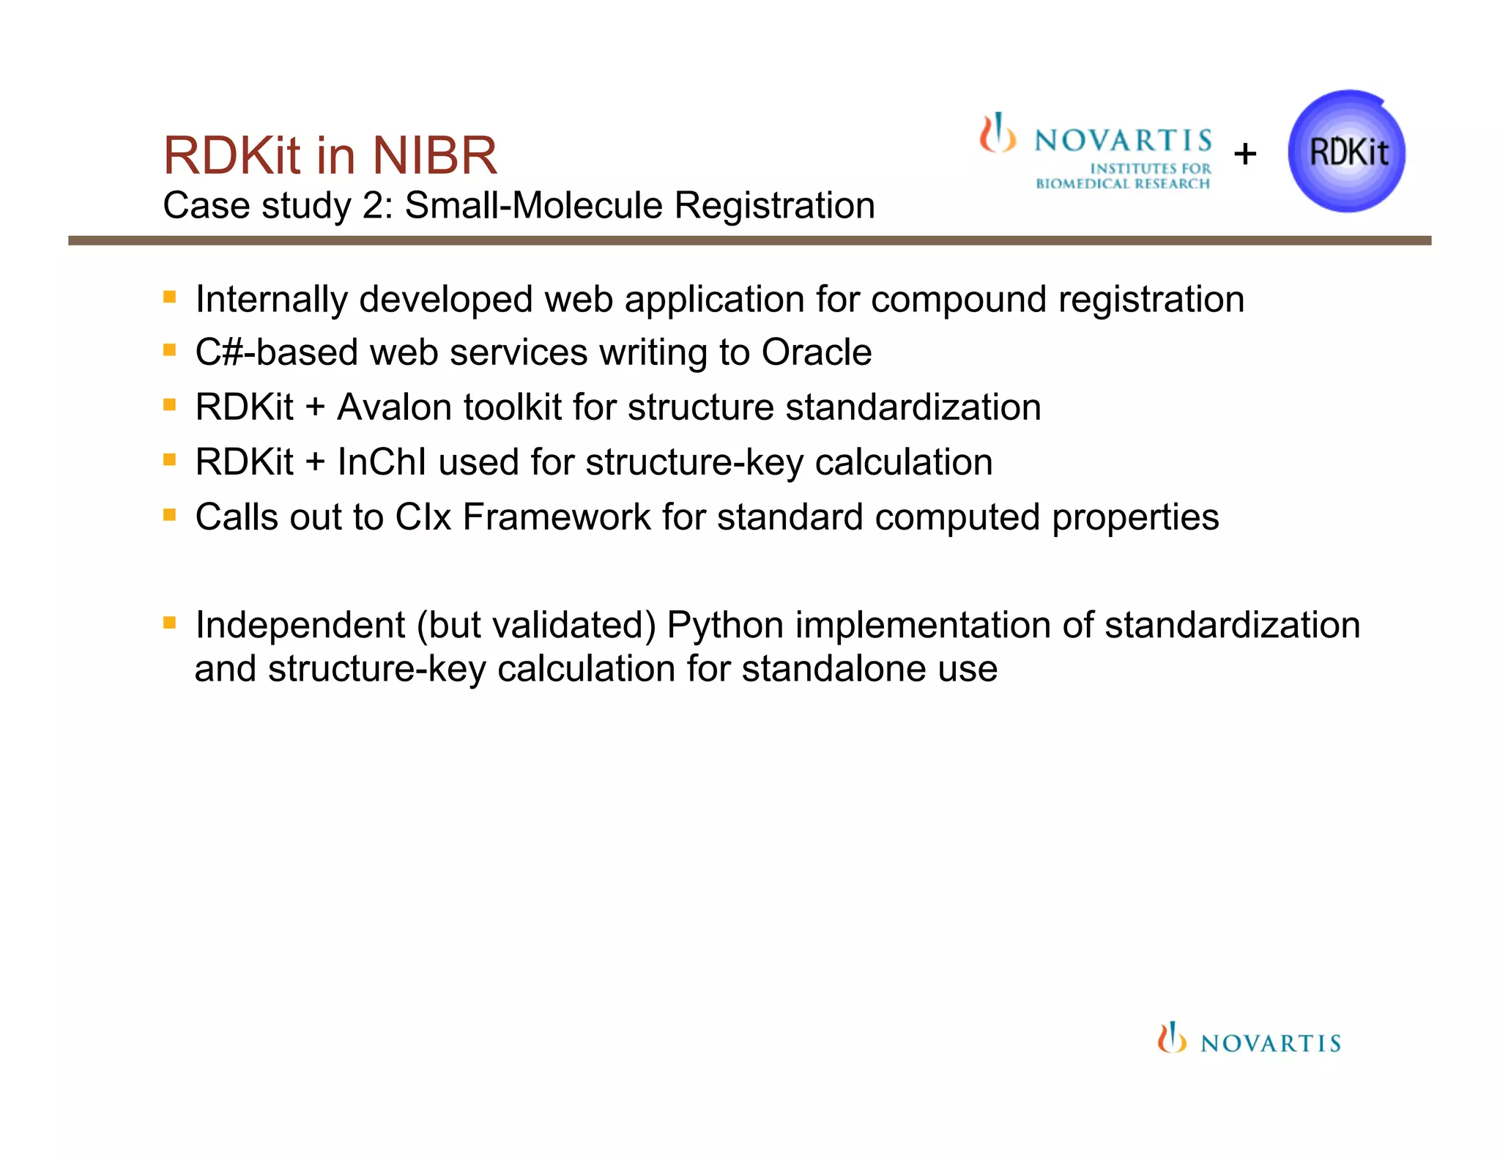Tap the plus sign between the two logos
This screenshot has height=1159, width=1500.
point(1245,154)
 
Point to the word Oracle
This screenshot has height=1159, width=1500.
point(817,352)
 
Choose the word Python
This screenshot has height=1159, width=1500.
point(725,626)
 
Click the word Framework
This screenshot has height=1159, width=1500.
point(557,517)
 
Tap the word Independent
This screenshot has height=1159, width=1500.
point(300,626)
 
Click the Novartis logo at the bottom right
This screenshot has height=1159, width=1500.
point(1249,1039)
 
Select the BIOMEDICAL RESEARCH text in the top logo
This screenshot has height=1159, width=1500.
point(1122,184)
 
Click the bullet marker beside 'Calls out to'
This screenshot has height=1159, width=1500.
point(170,515)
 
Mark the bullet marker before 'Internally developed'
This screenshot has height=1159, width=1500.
point(170,297)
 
